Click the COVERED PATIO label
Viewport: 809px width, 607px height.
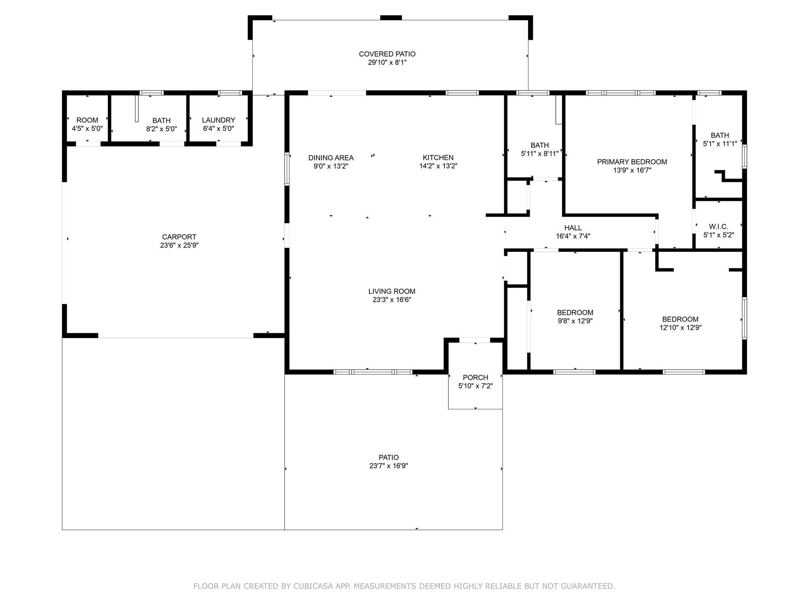(x=387, y=54)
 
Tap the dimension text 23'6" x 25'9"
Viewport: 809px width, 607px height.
(x=179, y=245)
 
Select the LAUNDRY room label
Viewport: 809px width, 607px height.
(x=218, y=120)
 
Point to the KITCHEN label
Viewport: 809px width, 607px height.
(x=438, y=158)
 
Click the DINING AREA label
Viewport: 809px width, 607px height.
(x=331, y=158)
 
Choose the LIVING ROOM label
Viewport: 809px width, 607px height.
(x=392, y=291)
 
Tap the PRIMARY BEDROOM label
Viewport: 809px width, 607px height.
(x=632, y=162)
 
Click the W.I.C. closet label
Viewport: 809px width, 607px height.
(x=719, y=226)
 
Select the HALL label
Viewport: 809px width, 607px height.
(x=573, y=228)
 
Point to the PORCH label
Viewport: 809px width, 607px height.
(x=476, y=377)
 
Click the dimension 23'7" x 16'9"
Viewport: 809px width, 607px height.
(x=389, y=466)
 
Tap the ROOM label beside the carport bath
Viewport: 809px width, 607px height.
(x=87, y=120)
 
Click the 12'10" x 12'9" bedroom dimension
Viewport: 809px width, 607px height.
(x=680, y=328)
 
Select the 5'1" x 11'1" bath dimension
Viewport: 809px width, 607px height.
(x=720, y=144)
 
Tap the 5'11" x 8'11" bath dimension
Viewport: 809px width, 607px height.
(x=540, y=154)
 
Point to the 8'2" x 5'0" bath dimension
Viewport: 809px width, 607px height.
(x=162, y=129)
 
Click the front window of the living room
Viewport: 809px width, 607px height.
(x=373, y=372)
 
